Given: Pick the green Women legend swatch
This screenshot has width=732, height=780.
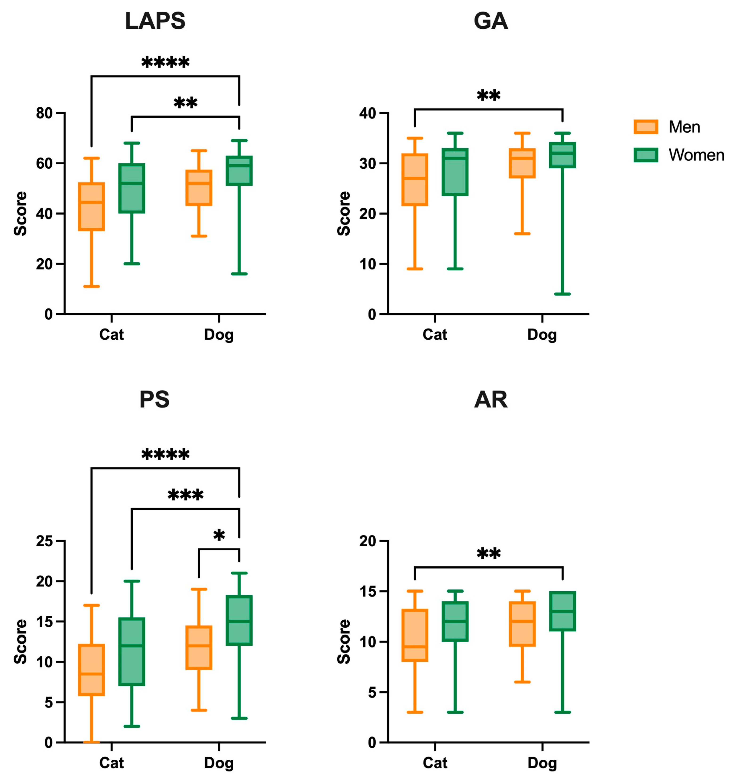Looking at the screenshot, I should point(646,155).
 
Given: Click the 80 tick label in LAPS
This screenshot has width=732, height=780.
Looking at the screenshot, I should point(44,113).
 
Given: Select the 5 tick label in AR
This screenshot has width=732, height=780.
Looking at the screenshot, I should point(372,692).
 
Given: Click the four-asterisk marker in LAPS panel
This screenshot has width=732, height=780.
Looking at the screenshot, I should point(165,63).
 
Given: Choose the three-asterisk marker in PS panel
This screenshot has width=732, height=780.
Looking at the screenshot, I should point(185,495).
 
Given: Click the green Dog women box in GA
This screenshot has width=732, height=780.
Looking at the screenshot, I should point(562,155).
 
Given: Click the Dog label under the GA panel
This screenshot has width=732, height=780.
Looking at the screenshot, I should point(542,335).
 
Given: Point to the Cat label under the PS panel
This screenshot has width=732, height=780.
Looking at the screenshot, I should point(111,763).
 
